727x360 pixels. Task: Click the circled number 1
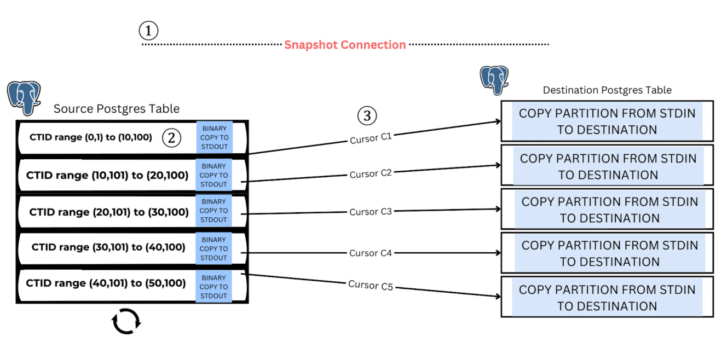point(148,31)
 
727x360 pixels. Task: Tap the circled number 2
point(171,137)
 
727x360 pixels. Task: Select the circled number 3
point(367,116)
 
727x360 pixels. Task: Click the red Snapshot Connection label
point(345,45)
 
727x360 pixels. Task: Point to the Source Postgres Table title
point(117,109)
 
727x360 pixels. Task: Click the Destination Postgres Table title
point(607,90)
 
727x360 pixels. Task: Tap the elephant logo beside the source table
point(24,98)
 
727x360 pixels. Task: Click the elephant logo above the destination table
point(494,80)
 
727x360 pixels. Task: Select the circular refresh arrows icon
point(126,321)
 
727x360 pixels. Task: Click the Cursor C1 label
point(371,138)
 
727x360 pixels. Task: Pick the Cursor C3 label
point(370,212)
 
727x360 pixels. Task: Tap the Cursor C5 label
point(371,285)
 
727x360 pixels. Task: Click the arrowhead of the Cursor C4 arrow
point(498,253)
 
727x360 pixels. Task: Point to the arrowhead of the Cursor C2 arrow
point(498,165)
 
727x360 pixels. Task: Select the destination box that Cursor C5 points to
point(607,297)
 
